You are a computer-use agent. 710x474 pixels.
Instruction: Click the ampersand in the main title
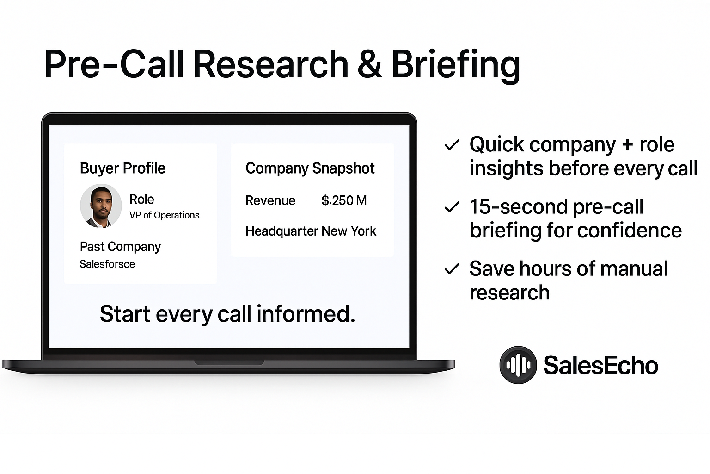369,64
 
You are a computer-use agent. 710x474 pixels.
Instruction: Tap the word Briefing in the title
456,65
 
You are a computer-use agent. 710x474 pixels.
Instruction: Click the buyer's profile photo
101,206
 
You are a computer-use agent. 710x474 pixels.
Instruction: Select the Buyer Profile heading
122,168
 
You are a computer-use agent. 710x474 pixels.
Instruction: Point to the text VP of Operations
164,215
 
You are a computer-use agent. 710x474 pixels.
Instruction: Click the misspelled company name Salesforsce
107,264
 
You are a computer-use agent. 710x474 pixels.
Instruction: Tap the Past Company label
120,247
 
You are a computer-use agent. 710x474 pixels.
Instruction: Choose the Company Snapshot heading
310,168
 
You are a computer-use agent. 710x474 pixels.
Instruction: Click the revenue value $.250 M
344,200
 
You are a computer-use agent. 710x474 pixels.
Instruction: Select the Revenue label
270,200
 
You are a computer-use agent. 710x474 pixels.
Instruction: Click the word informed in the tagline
306,314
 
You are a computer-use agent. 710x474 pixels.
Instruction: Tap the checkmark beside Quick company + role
452,145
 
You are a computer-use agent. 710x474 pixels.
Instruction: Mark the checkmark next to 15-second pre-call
452,207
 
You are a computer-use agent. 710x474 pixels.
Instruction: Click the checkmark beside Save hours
452,269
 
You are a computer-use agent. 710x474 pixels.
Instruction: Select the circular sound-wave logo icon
518,365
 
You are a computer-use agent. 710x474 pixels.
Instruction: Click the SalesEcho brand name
600,365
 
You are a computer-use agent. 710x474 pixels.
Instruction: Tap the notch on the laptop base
229,362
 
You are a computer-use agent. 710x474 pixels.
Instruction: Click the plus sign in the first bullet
627,145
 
